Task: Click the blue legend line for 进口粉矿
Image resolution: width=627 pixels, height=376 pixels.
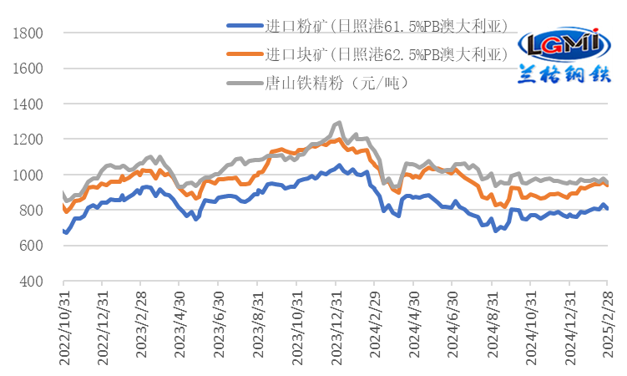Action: click(243, 26)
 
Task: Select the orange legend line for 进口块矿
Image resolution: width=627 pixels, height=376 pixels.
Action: click(243, 54)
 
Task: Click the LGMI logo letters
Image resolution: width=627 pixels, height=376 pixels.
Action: click(559, 42)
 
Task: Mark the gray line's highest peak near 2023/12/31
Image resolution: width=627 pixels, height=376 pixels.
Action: click(338, 122)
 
